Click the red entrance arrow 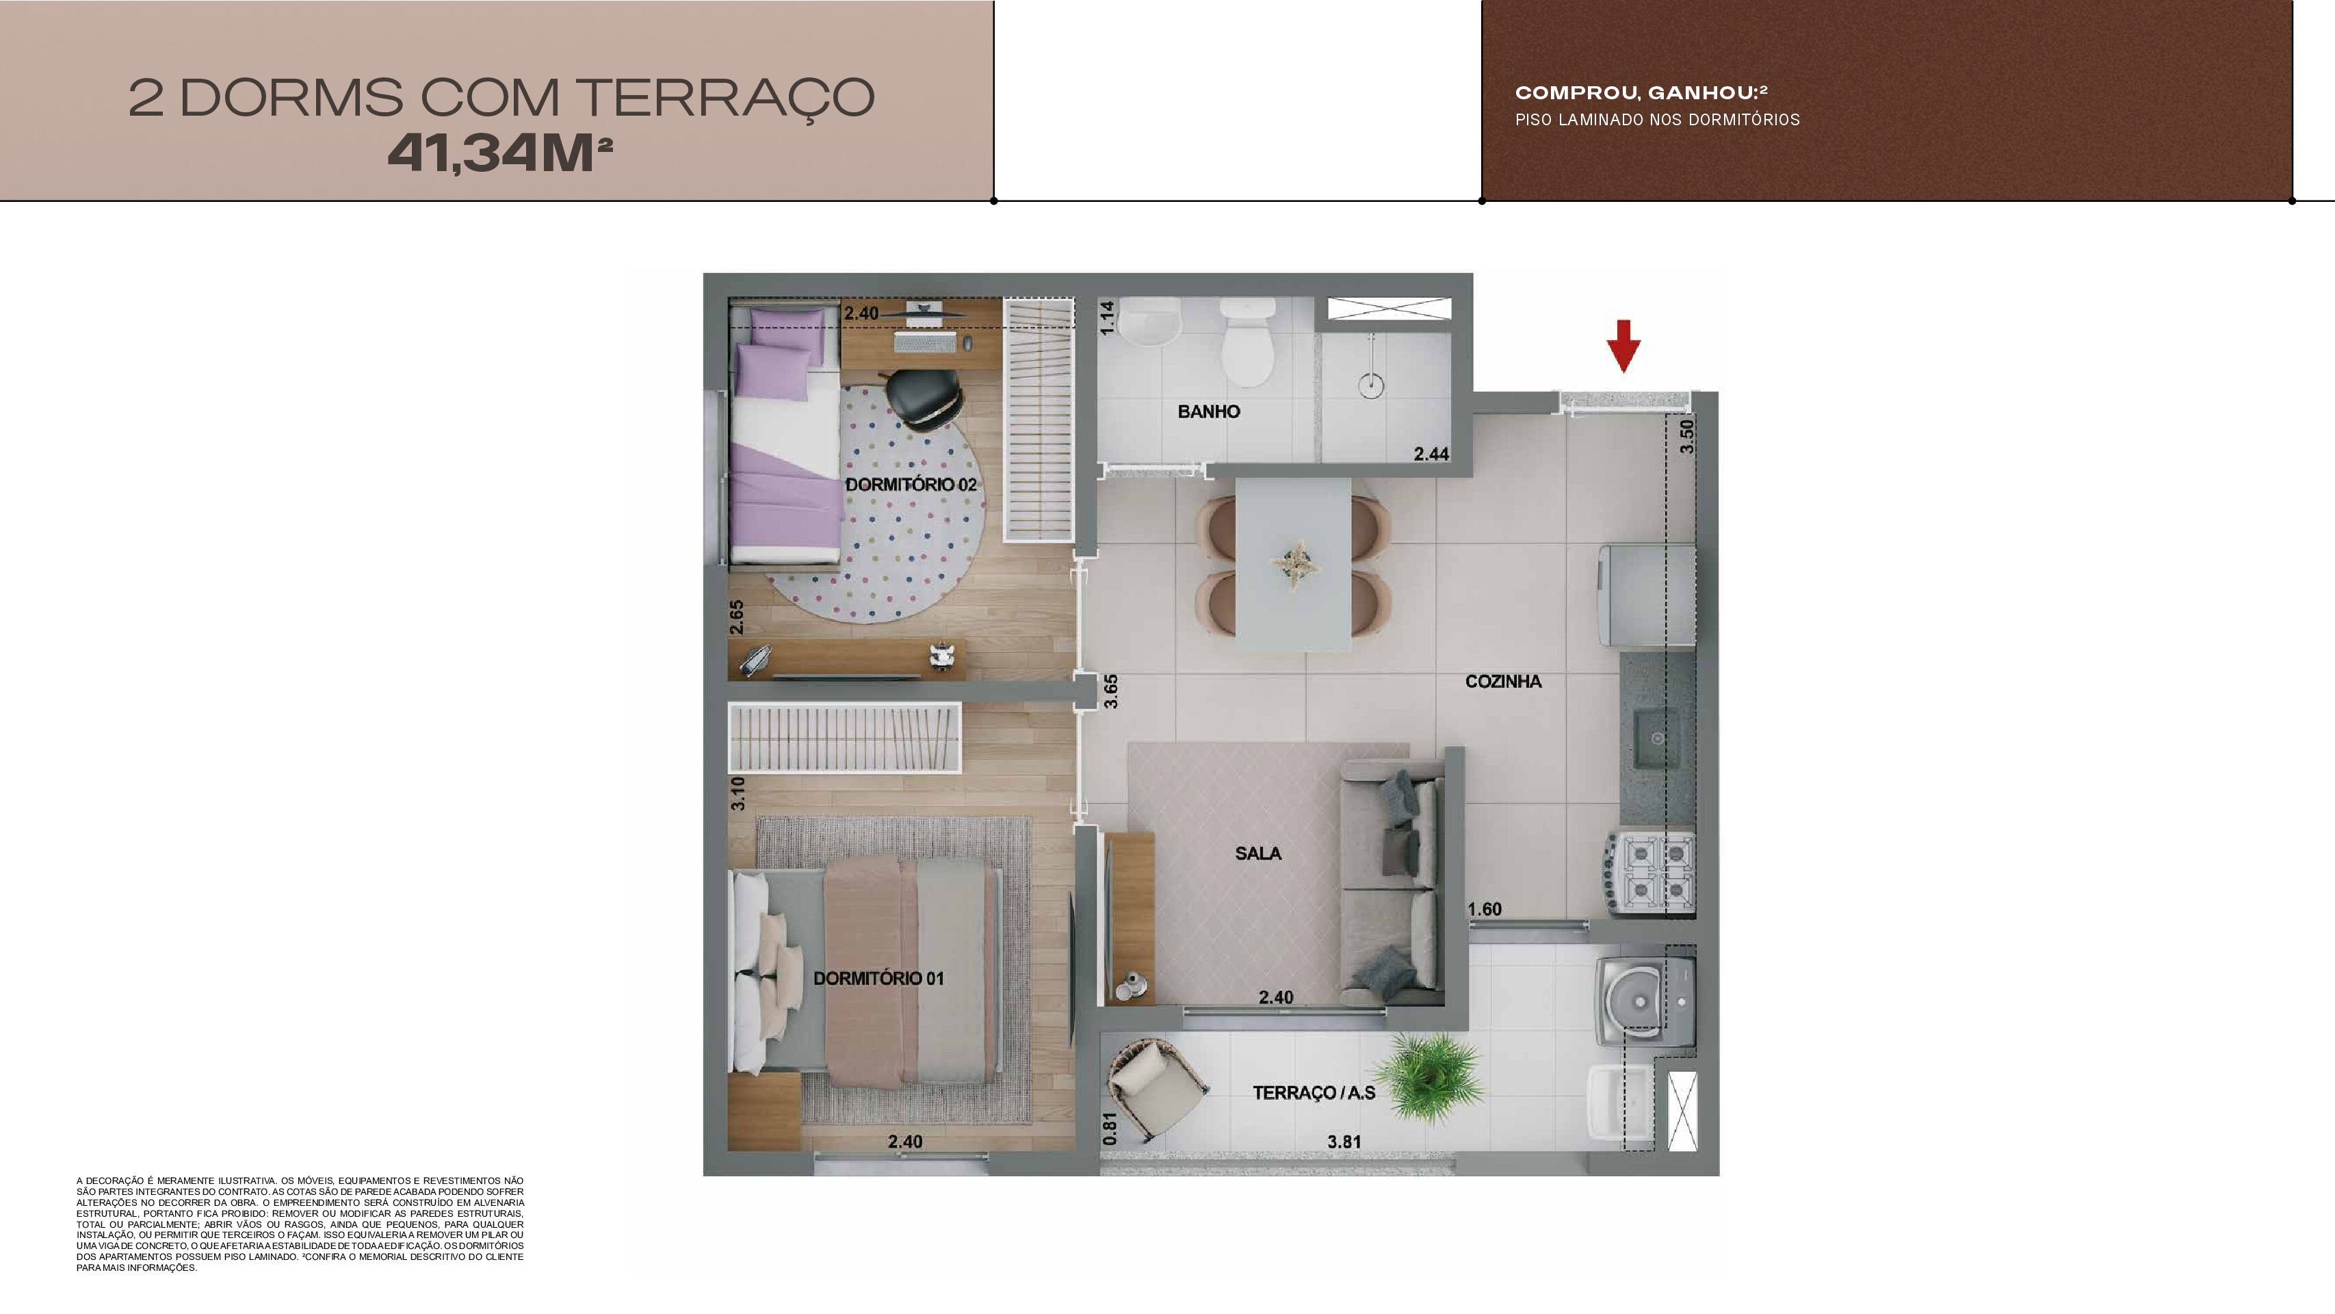(x=1623, y=346)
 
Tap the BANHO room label (x=1208, y=412)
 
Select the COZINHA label (x=1503, y=682)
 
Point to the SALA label (x=1258, y=853)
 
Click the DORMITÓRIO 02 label (x=911, y=485)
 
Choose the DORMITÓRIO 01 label (x=878, y=979)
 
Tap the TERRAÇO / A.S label (x=1314, y=1093)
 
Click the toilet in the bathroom (x=1247, y=342)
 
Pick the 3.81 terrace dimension (x=1344, y=1142)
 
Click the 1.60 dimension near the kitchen (x=1485, y=910)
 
